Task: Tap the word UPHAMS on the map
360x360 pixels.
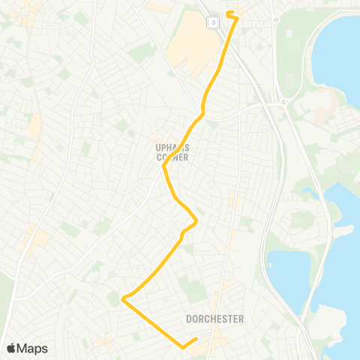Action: (x=166, y=148)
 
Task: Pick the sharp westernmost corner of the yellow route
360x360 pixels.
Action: (x=123, y=300)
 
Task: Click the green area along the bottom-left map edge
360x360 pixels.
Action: (x=5, y=300)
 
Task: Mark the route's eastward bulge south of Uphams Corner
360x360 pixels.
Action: (x=195, y=220)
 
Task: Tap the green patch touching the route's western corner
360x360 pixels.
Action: (x=115, y=298)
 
